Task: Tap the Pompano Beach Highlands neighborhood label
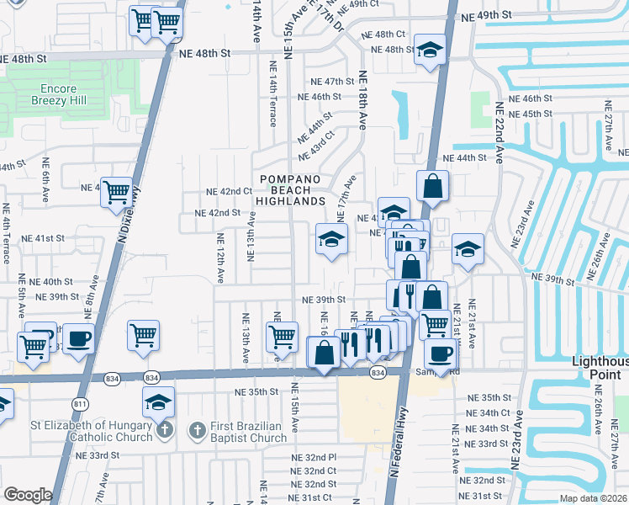[290, 190]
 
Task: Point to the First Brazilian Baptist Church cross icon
[195, 431]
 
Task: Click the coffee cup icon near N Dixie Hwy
[79, 338]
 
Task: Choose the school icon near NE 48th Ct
[430, 50]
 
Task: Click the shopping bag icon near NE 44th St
[431, 186]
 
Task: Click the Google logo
[28, 494]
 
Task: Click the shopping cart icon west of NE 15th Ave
[283, 337]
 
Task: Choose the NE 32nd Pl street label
[314, 456]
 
